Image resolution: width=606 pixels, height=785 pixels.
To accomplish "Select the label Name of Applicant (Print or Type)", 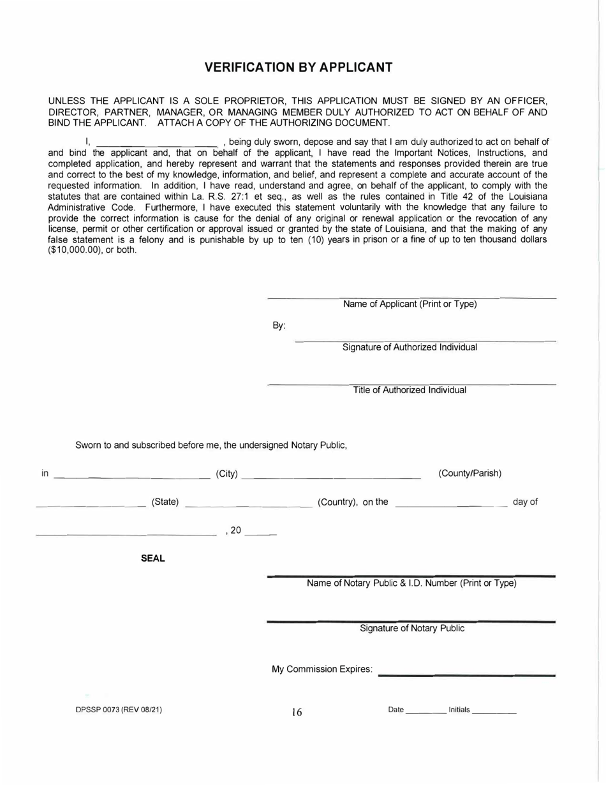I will pos(410,304).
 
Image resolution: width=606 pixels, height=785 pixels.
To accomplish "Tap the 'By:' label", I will pos(279,325).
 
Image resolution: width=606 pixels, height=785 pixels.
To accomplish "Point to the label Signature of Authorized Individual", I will pos(410,348).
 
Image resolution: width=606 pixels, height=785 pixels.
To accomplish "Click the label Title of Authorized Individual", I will pos(410,390).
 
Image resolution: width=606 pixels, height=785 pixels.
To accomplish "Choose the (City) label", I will pos(227,474).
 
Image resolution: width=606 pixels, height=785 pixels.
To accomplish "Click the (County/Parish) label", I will pos(470,474).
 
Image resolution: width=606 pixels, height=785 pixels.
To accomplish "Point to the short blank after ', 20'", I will pos(260,534).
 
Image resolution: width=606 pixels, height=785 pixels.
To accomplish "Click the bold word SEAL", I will pos(153,558).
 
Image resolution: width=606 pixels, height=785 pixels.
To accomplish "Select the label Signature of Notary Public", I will pos(412,629).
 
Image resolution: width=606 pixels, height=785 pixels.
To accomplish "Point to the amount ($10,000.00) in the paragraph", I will pos(74,250).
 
